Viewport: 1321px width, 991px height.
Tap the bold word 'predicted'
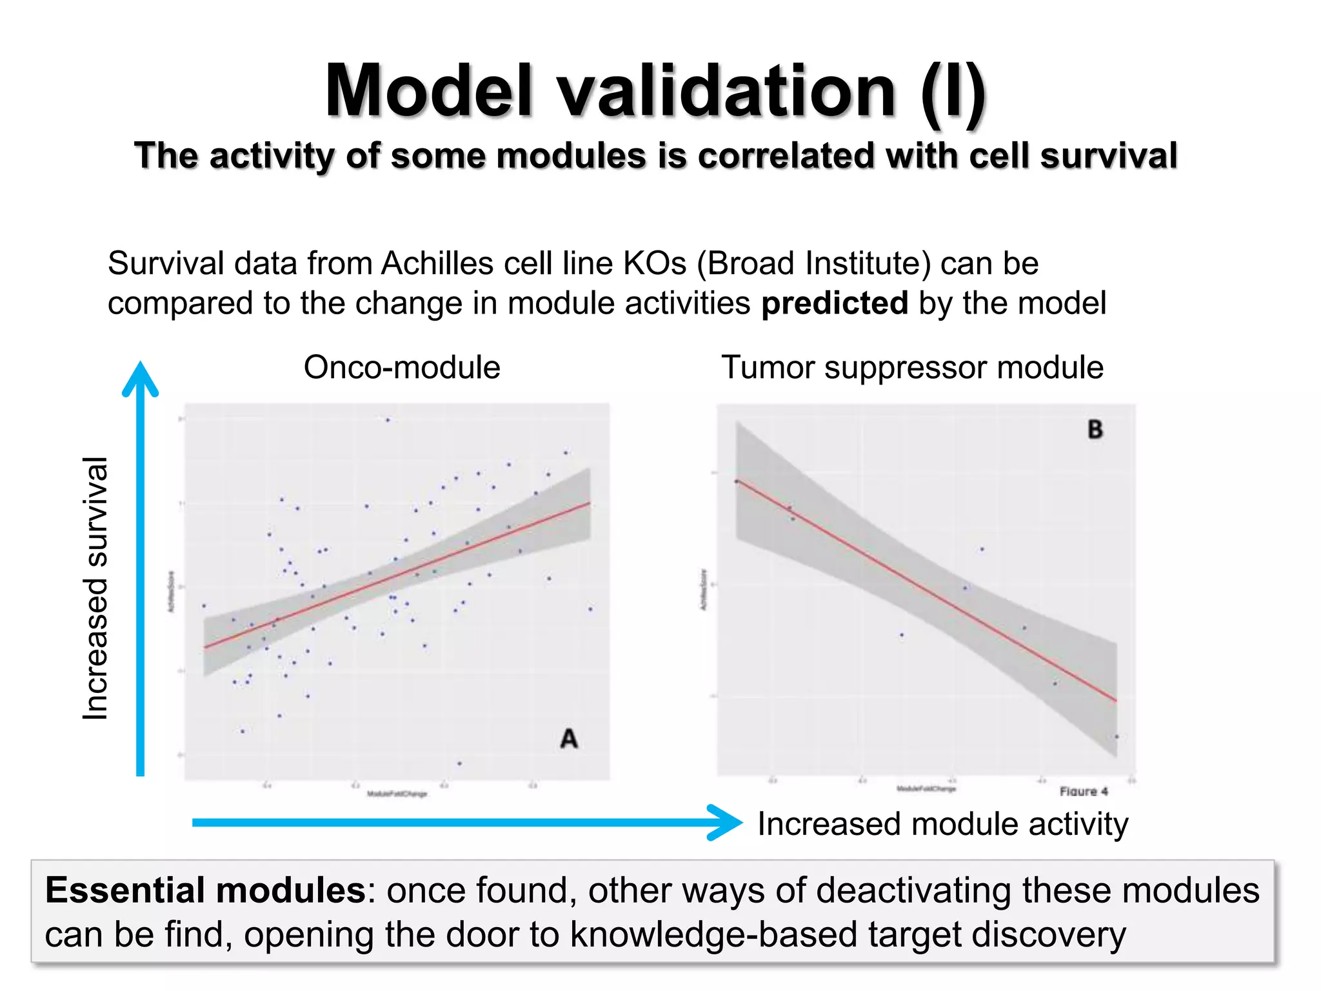click(x=834, y=303)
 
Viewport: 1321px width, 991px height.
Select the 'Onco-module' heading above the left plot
click(x=402, y=367)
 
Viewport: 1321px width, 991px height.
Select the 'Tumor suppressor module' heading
click(x=912, y=367)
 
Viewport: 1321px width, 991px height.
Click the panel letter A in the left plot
click(x=568, y=738)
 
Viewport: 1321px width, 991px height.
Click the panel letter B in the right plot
click(x=1095, y=429)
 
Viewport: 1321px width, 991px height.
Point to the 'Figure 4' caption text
click(x=1084, y=791)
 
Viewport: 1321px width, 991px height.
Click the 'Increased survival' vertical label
click(x=95, y=587)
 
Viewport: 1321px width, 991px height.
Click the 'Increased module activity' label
click(x=942, y=824)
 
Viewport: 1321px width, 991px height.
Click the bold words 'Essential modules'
click(x=205, y=890)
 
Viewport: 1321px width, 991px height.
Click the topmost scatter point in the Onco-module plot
click(x=388, y=420)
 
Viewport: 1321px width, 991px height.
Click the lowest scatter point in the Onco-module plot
click(x=459, y=763)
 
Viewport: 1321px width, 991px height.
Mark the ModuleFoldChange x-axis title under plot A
click(x=397, y=794)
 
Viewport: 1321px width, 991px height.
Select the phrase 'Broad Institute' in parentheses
click(x=814, y=263)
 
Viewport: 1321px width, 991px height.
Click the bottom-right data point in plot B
click(x=1117, y=737)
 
